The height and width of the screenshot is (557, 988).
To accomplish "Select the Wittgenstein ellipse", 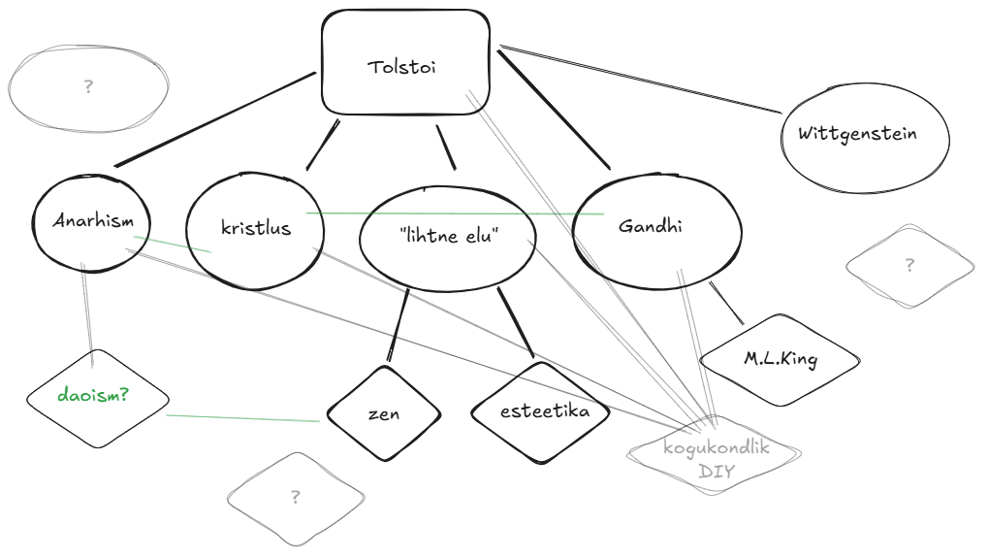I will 865,136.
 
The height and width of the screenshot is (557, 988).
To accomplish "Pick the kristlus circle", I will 255,230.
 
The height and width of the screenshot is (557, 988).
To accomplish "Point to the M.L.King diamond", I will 780,359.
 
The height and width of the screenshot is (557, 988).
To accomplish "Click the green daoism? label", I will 96,397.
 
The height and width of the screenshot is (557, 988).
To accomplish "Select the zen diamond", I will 383,414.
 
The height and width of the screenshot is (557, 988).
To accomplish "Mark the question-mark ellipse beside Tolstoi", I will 88,87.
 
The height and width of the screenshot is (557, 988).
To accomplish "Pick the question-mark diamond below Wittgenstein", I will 908,266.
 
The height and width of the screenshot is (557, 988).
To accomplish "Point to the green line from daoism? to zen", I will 242,418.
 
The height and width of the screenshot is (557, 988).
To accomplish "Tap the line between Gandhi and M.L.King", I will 726,302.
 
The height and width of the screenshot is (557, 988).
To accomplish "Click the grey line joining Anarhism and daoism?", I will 87,315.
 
